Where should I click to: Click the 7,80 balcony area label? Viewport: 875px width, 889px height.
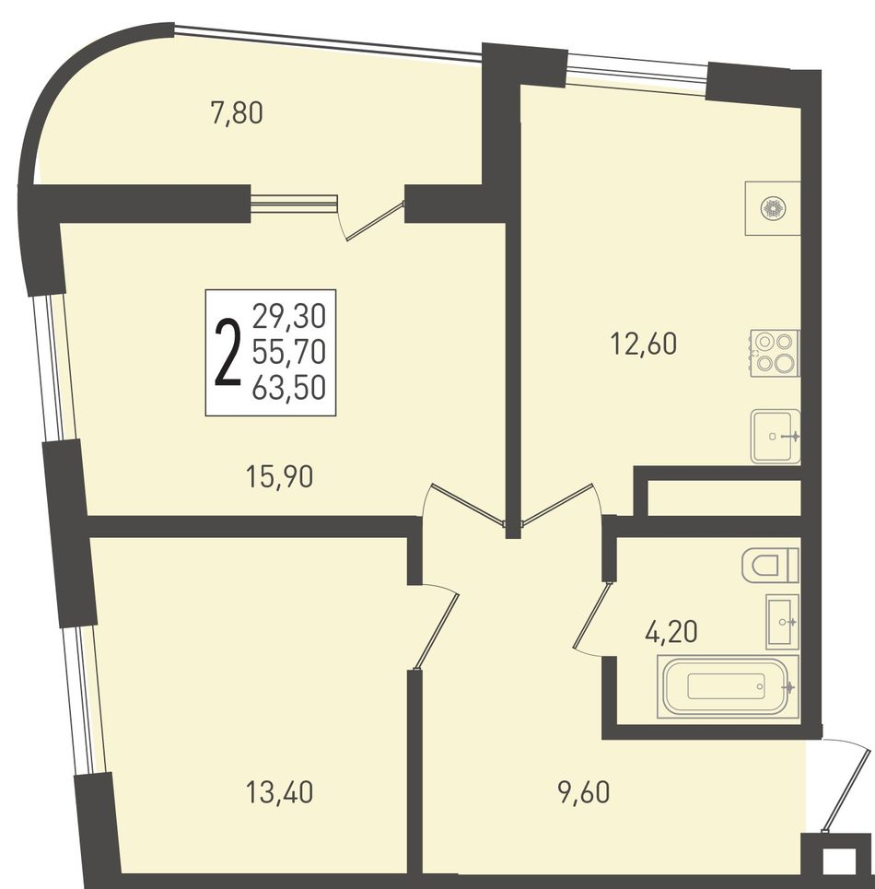pos(237,112)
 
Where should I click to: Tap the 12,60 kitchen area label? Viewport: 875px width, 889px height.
pos(644,343)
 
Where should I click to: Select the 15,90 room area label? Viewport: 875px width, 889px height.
pos(279,476)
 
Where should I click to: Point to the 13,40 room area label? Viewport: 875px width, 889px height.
pos(279,791)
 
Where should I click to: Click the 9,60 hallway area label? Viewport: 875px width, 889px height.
pos(584,791)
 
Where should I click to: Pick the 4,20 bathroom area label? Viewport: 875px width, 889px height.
pos(671,631)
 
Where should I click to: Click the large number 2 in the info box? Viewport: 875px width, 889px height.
pos(227,353)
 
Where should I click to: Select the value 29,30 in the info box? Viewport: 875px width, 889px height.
pos(289,316)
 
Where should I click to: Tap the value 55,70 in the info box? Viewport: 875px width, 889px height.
pos(289,353)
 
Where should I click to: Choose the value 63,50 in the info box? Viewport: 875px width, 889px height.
pos(289,389)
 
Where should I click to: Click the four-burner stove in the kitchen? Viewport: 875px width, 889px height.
pos(775,353)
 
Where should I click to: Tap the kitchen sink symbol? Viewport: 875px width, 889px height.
pos(776,436)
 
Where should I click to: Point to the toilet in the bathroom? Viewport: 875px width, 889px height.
pos(770,565)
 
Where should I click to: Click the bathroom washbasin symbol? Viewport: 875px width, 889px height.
pos(782,622)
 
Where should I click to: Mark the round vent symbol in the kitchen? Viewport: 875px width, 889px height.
pos(772,207)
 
